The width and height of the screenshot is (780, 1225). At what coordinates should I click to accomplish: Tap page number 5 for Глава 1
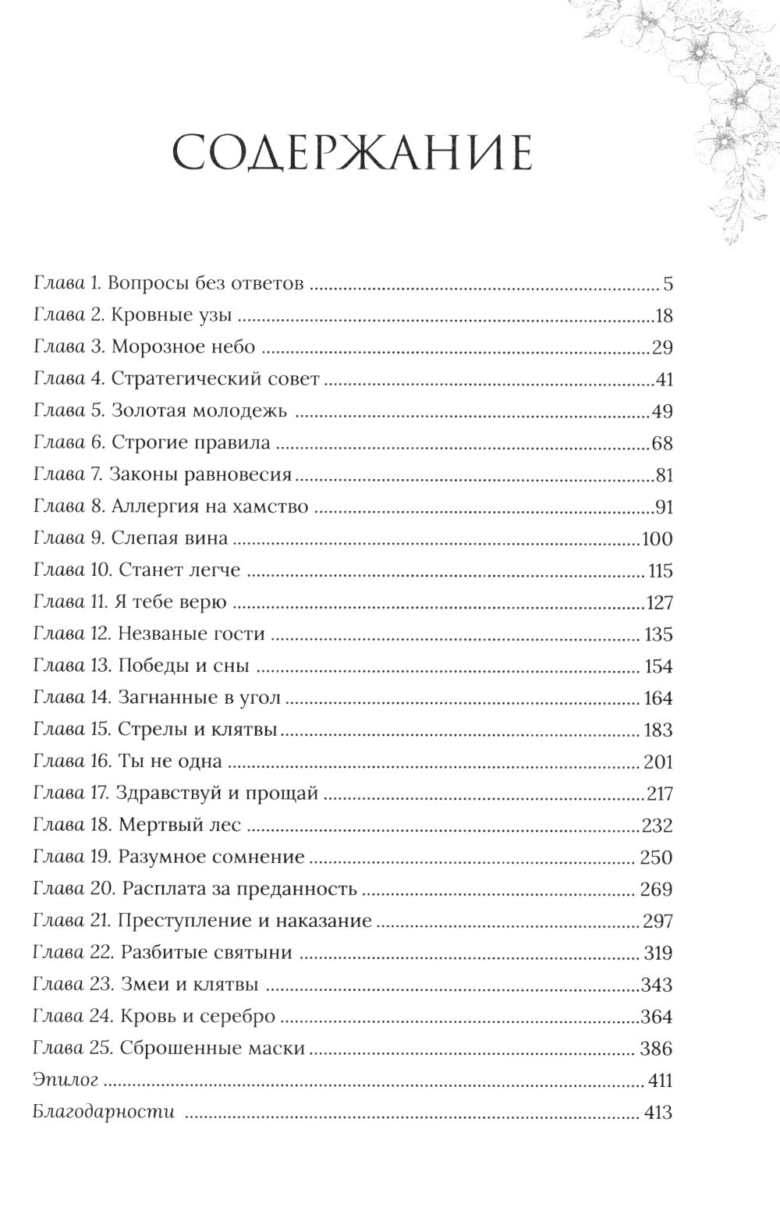pos(668,283)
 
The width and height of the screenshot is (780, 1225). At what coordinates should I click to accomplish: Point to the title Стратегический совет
pos(215,379)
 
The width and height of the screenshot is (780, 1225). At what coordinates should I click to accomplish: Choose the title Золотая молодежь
pos(200,411)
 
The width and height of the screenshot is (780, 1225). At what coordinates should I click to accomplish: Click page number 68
pos(661,443)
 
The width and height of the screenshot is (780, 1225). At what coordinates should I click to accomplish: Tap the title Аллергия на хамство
pos(210,507)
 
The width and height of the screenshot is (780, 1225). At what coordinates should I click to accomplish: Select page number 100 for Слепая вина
pos(656,539)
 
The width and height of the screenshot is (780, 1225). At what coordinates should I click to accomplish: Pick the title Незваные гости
pos(192,634)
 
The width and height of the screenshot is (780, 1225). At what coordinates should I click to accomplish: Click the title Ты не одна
pos(170,762)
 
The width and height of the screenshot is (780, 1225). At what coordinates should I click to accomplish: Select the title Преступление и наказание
pos(245,921)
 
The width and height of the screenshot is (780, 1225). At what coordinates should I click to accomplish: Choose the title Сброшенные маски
pos(212,1048)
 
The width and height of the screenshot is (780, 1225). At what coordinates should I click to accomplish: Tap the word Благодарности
pos(104,1112)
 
